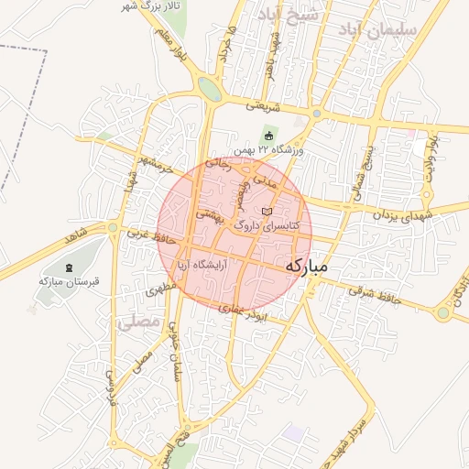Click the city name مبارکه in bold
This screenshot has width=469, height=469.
click(x=319, y=266)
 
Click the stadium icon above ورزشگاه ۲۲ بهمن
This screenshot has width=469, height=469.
click(x=267, y=136)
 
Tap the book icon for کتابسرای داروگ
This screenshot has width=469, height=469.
click(x=267, y=212)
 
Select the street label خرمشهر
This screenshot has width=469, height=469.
click(x=152, y=163)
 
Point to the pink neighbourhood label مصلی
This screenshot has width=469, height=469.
click(x=138, y=322)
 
